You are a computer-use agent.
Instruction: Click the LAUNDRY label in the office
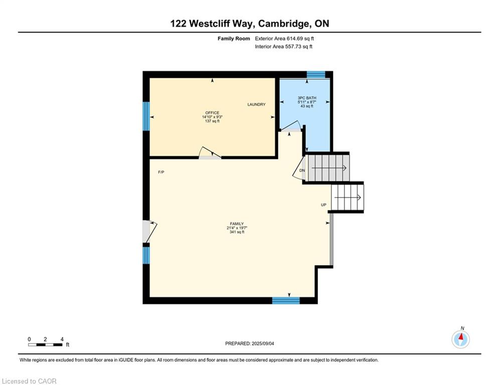pyautogui.click(x=256, y=104)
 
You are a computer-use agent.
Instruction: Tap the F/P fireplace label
pyautogui.click(x=161, y=172)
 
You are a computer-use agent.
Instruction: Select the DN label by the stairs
pyautogui.click(x=302, y=170)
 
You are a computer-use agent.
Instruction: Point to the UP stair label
pyautogui.click(x=323, y=205)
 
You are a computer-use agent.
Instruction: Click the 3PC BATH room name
pyautogui.click(x=307, y=98)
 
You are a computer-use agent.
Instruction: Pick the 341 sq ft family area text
pyautogui.click(x=237, y=232)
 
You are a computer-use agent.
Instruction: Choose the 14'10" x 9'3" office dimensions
pyautogui.click(x=212, y=117)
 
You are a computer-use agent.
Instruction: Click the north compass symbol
pyautogui.click(x=460, y=339)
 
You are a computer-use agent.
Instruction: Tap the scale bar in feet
pyautogui.click(x=45, y=344)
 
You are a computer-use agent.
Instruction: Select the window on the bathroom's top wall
pyautogui.click(x=315, y=75)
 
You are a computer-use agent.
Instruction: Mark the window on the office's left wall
pyautogui.click(x=146, y=116)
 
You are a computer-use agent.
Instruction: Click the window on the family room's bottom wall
pyautogui.click(x=286, y=300)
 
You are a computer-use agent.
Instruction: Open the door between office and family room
pyautogui.click(x=210, y=153)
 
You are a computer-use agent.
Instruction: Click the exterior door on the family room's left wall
pyautogui.click(x=149, y=232)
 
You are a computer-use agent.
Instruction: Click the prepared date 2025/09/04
pyautogui.click(x=263, y=343)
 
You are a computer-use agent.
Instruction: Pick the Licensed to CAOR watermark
pyautogui.click(x=29, y=381)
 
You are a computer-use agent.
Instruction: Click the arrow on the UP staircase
pyautogui.click(x=347, y=198)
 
